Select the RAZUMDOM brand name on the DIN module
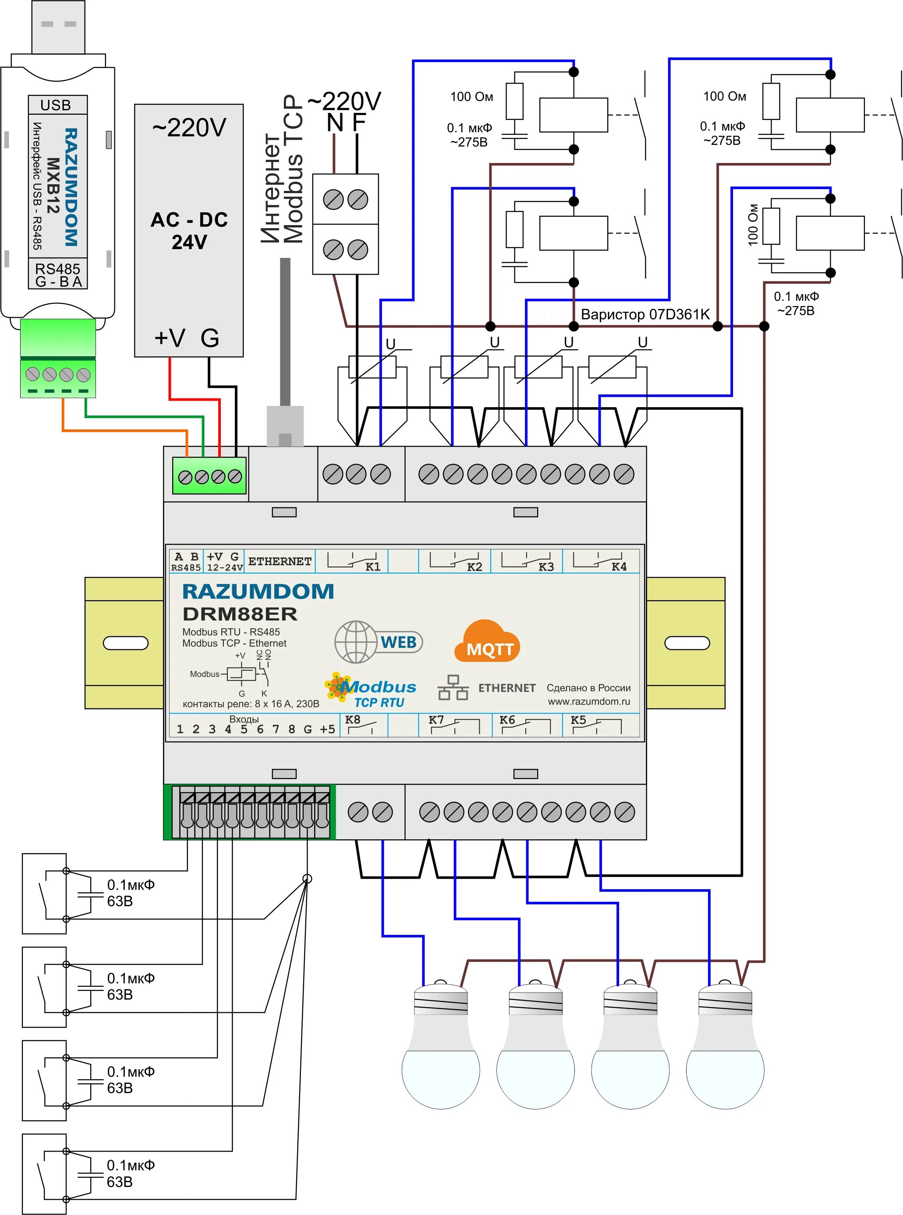tap(258, 591)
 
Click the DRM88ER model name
tap(240, 614)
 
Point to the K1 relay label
tap(373, 567)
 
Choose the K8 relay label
tap(353, 719)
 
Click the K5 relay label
tap(578, 719)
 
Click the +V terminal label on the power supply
tap(170, 338)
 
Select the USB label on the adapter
tap(56, 105)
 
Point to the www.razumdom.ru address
tap(589, 701)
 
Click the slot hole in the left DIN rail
tap(126, 643)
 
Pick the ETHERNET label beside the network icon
tap(507, 688)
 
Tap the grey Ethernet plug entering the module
tap(285, 426)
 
